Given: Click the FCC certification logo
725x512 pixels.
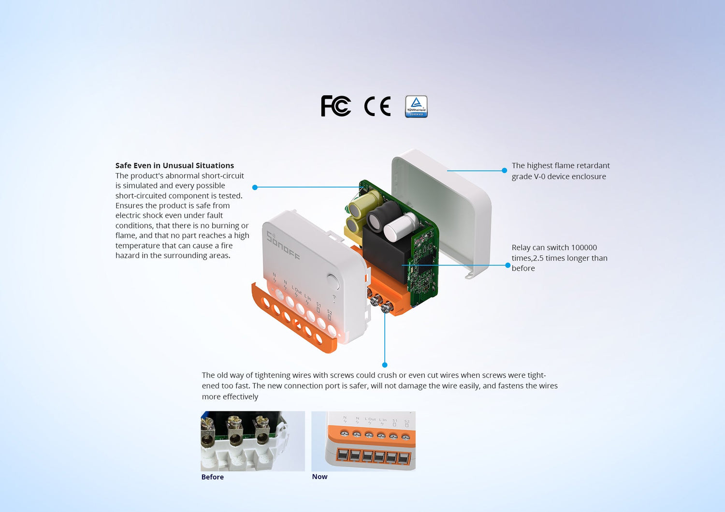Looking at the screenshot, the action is [x=335, y=105].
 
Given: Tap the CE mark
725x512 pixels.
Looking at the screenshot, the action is [x=377, y=106].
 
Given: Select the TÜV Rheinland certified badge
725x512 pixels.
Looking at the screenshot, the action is [x=416, y=106].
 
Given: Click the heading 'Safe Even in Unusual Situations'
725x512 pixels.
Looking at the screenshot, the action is [x=174, y=165].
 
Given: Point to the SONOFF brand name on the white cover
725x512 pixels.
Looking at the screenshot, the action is [x=283, y=246].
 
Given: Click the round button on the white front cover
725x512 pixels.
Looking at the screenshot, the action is [x=333, y=282].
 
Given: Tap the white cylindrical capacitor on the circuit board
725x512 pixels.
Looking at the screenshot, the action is [x=401, y=227].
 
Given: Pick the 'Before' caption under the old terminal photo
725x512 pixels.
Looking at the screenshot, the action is [x=212, y=477].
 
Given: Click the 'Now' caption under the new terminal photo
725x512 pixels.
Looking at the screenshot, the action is [x=319, y=476].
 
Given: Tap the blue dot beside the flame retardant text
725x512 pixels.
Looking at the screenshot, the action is [x=504, y=170].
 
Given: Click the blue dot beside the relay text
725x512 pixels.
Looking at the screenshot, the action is [x=508, y=265].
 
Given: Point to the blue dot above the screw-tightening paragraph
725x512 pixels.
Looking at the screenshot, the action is [x=385, y=365].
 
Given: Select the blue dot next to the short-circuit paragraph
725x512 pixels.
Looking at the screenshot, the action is [x=255, y=187].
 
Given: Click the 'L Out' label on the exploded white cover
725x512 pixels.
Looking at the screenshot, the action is [x=296, y=290].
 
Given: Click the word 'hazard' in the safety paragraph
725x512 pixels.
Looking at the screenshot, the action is [x=127, y=255].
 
